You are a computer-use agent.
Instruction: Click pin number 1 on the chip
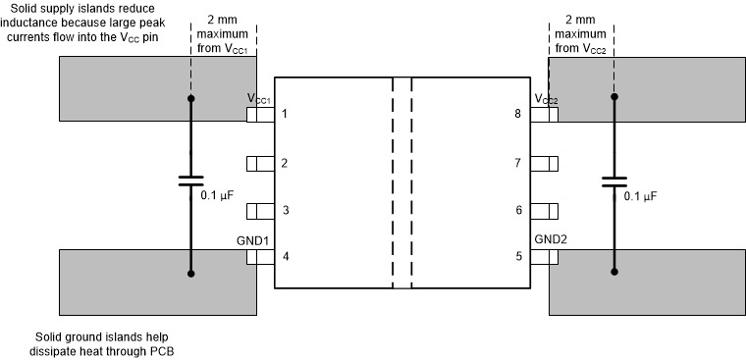click(x=285, y=115)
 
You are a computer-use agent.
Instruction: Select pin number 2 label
click(x=285, y=163)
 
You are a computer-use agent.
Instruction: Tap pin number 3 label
click(x=285, y=210)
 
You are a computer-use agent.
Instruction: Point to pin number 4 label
click(x=285, y=258)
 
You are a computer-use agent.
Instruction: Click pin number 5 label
click(x=518, y=258)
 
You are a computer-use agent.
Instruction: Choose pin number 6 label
click(x=518, y=210)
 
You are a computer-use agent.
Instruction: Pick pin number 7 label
click(x=518, y=163)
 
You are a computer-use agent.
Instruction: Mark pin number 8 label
click(x=518, y=115)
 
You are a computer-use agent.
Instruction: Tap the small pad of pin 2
click(x=259, y=163)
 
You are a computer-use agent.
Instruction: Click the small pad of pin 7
click(x=545, y=163)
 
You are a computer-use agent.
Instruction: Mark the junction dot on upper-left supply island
click(x=190, y=98)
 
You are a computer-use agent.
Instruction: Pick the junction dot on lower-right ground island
click(x=614, y=274)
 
